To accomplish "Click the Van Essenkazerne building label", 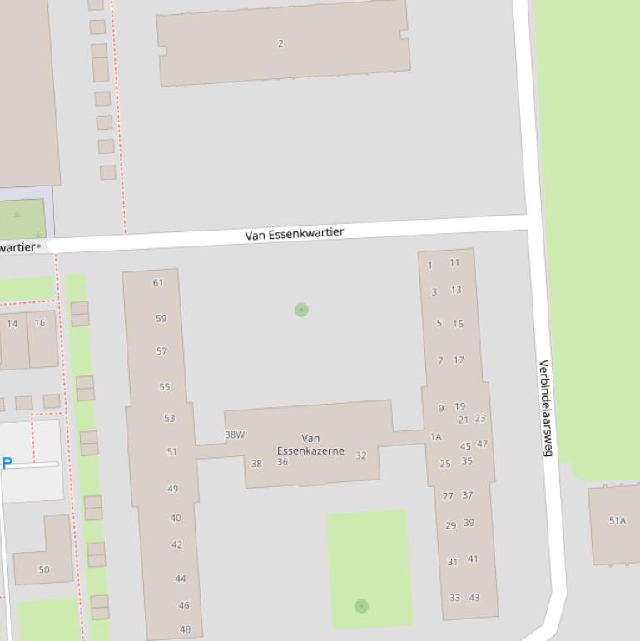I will click(310, 445).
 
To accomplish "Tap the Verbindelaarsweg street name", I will click(546, 408).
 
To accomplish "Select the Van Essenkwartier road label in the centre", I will click(294, 234).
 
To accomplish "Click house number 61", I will click(158, 282).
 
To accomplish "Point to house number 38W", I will click(235, 435).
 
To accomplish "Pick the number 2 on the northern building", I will click(280, 43).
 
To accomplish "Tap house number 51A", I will click(617, 521).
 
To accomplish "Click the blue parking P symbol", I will click(7, 463).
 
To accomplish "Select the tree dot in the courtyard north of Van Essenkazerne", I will click(301, 310).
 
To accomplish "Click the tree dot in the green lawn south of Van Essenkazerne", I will click(361, 606).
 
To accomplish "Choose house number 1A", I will click(435, 437).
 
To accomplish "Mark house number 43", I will click(474, 598).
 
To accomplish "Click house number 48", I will click(185, 629).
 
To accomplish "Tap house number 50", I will click(44, 570).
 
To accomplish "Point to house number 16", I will click(40, 323).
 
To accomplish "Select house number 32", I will click(360, 455).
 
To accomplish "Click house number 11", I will click(454, 262).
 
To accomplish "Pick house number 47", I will click(483, 444).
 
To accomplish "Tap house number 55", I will click(164, 387).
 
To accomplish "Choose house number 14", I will click(12, 324).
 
